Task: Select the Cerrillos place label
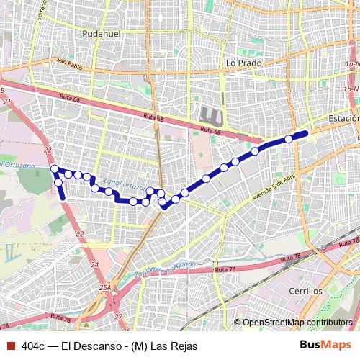[x=306, y=292]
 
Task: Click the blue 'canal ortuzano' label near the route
[x=125, y=184]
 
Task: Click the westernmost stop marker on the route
[x=55, y=168]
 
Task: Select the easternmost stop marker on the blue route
[x=289, y=139]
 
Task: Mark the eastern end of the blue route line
[x=306, y=133]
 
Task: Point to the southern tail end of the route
[x=63, y=197]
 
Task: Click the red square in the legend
[x=9, y=346]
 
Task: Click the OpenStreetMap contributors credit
[x=298, y=322]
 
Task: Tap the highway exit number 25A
[x=105, y=288]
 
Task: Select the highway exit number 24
[x=95, y=265]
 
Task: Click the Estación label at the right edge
[x=343, y=118]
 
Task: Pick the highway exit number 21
[x=7, y=102]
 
